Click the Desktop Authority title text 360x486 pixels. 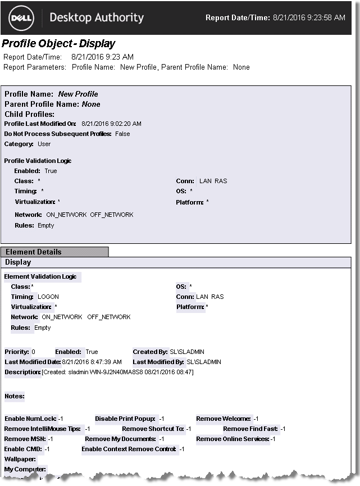tap(97, 17)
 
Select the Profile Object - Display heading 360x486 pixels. tap(58, 44)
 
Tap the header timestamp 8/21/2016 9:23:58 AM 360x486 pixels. tap(309, 18)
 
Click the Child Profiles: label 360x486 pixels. tap(29, 114)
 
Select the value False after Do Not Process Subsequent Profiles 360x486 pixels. tap(122, 134)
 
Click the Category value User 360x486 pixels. tap(44, 144)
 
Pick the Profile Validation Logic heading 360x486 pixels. tap(38, 161)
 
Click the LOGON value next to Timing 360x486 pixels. tap(48, 297)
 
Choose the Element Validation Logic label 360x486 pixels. tap(40, 276)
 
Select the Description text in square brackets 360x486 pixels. tap(117, 372)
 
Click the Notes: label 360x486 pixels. tap(15, 396)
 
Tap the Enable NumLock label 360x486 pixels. tap(30, 419)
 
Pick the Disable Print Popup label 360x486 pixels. tap(125, 419)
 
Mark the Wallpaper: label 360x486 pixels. tap(20, 459)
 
